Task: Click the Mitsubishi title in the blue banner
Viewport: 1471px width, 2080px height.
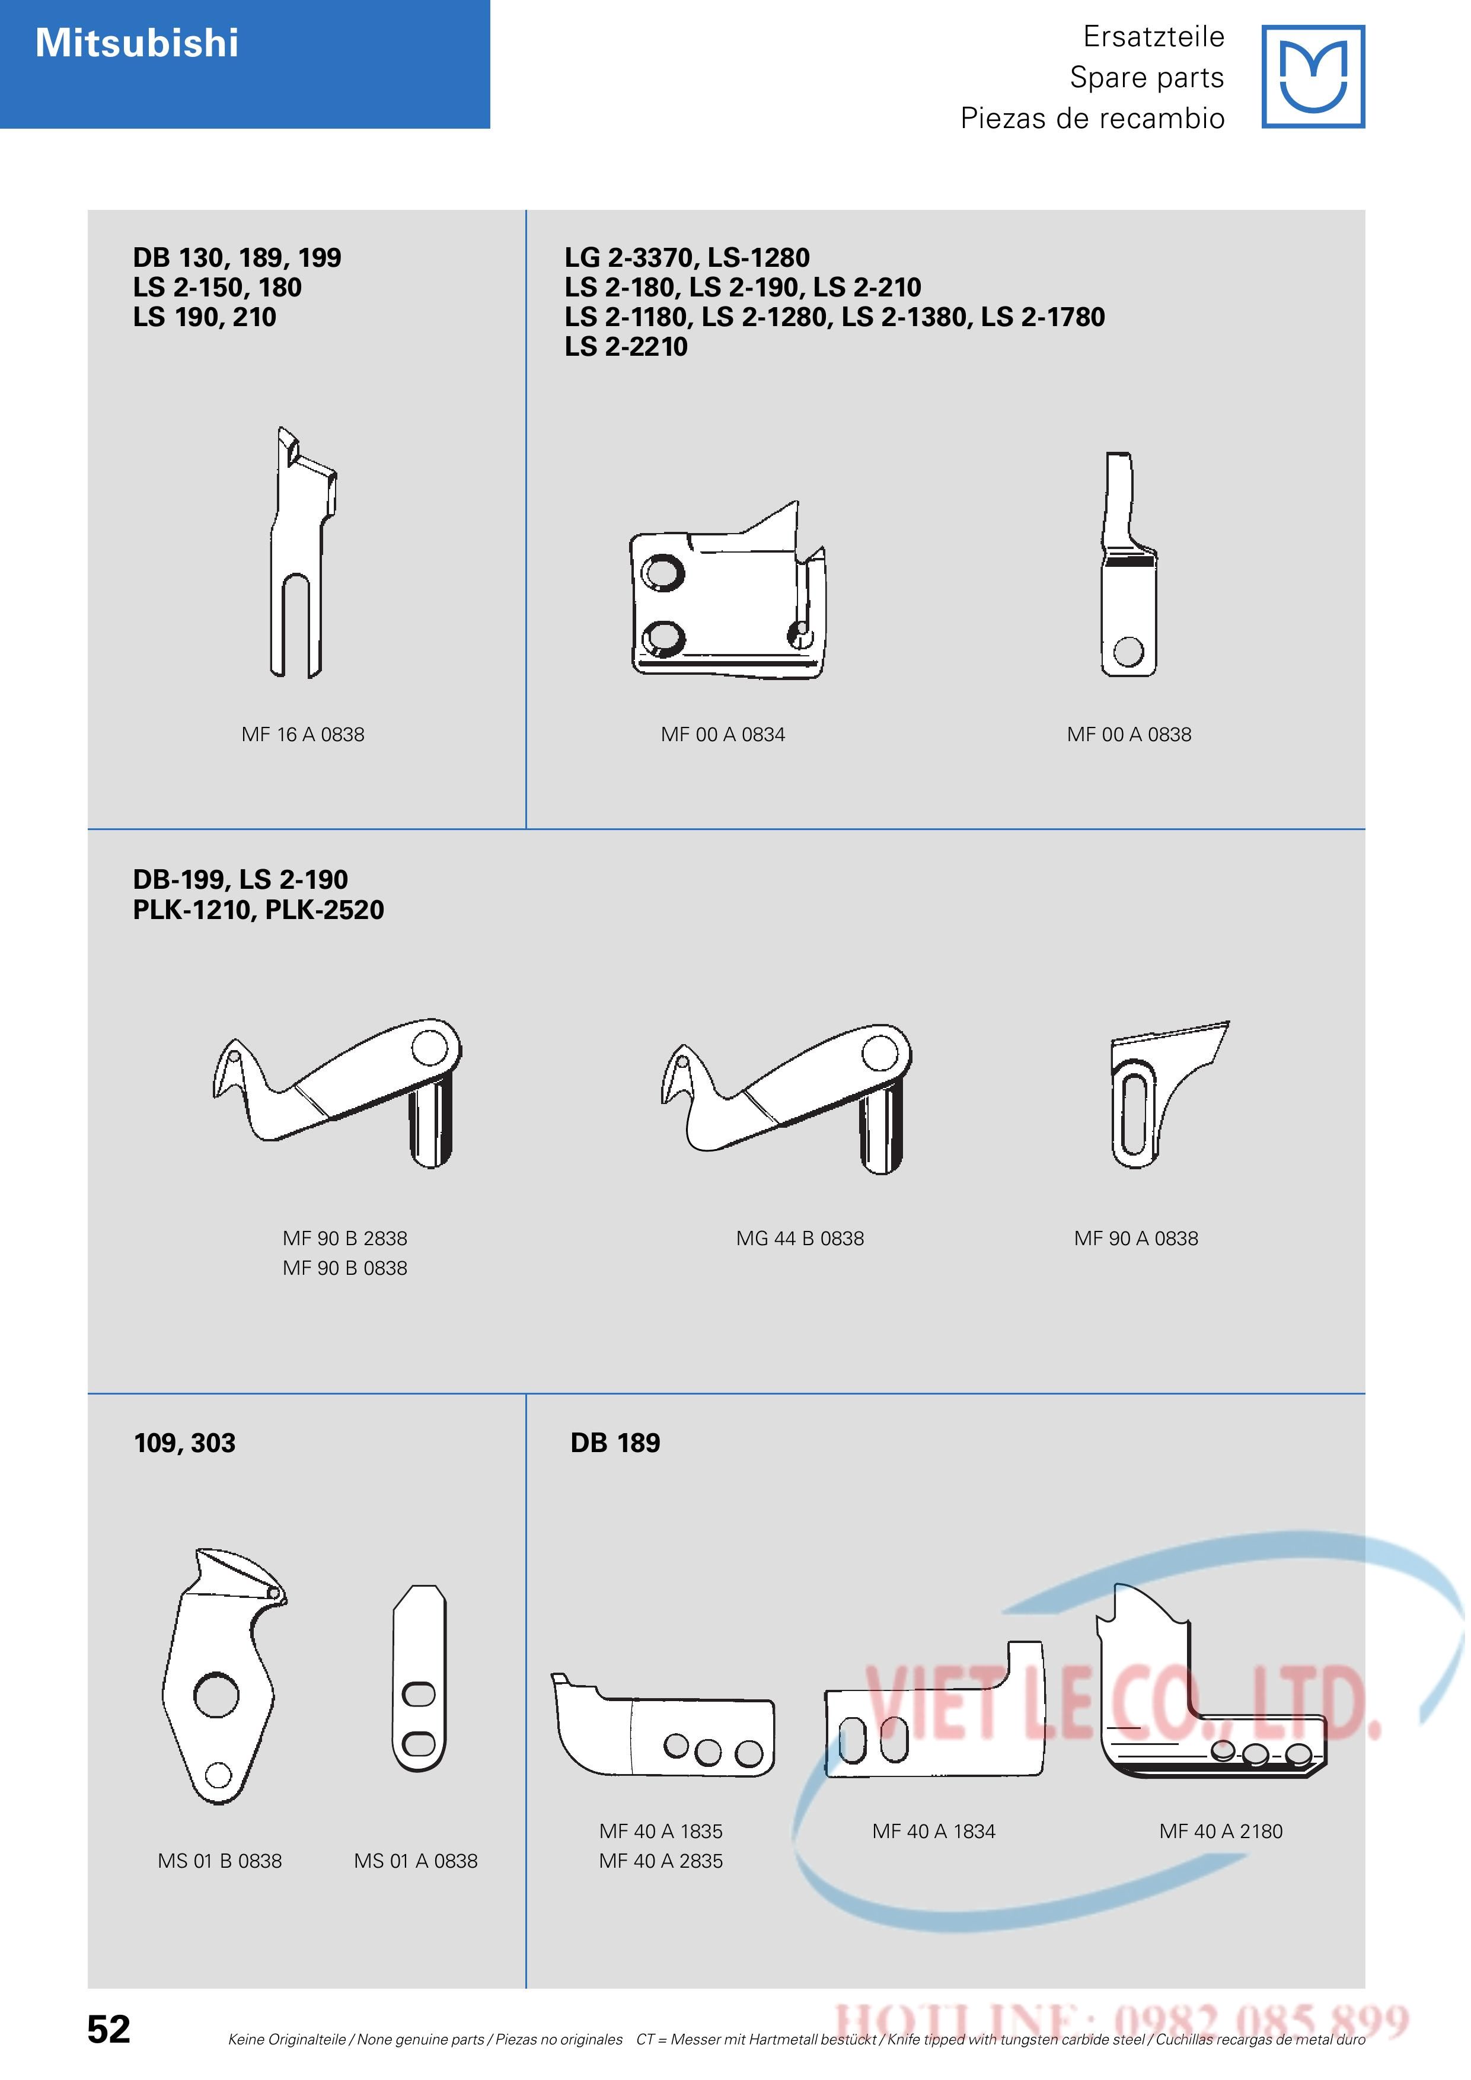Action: click(x=137, y=43)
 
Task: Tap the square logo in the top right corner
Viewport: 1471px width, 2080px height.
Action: click(x=1313, y=77)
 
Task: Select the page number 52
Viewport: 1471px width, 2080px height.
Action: click(x=109, y=2029)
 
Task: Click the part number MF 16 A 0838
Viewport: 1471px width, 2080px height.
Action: click(x=302, y=735)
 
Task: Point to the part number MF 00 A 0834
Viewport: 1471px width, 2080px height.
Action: click(x=723, y=735)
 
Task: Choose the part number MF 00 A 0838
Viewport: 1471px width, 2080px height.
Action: click(x=1129, y=735)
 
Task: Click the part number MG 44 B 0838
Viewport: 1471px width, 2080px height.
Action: click(x=800, y=1239)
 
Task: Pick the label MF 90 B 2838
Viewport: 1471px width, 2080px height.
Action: click(x=345, y=1239)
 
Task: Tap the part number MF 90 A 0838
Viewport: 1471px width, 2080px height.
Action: click(x=1136, y=1239)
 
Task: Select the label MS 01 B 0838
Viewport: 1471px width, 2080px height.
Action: click(x=220, y=1861)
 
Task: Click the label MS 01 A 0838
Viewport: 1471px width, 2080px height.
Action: click(x=416, y=1861)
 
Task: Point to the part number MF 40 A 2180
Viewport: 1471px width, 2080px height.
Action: click(x=1221, y=1831)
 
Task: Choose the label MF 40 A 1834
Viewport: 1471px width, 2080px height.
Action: click(x=934, y=1831)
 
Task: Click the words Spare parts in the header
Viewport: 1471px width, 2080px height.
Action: click(x=1147, y=78)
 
